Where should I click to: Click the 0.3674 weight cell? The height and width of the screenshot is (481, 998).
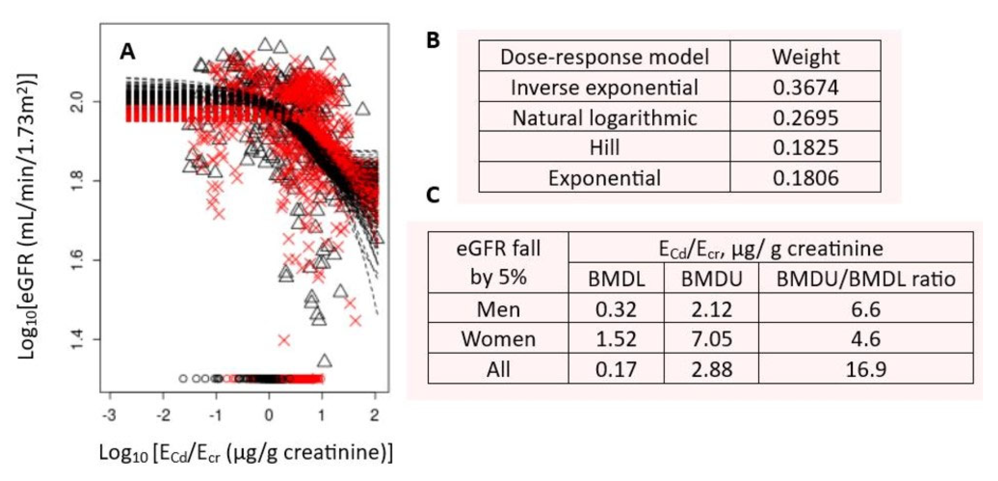click(805, 87)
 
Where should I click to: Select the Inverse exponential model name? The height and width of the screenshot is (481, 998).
click(604, 87)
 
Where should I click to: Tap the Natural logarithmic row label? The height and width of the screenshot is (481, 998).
click(604, 118)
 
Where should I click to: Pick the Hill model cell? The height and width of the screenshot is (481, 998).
click(604, 148)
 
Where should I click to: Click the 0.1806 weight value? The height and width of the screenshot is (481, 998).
click(805, 178)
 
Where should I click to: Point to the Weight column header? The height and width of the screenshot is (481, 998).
click(805, 57)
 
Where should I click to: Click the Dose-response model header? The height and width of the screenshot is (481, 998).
click(604, 57)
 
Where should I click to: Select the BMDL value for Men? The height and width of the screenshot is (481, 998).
click(616, 309)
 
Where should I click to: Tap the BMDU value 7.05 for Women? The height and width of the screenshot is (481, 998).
click(711, 339)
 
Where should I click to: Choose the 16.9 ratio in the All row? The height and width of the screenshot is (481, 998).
click(866, 369)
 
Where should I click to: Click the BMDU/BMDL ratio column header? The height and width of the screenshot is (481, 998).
click(866, 279)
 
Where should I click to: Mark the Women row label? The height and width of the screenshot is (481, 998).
click(498, 339)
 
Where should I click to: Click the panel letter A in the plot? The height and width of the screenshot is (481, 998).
click(127, 51)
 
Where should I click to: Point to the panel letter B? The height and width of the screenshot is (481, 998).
click(433, 40)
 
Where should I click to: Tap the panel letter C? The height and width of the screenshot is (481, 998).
click(433, 195)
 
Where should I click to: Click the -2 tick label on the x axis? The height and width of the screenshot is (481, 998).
click(163, 416)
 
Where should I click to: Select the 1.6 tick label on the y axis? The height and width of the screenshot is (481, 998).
click(77, 260)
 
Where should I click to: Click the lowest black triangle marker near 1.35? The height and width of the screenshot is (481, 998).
click(325, 361)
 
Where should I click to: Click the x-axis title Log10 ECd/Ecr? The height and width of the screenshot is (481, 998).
click(246, 453)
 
